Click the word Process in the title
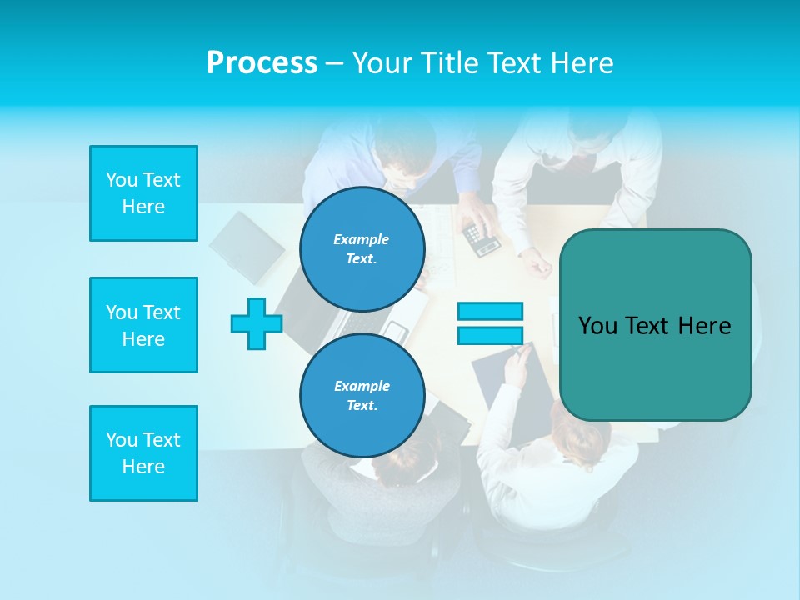tap(262, 63)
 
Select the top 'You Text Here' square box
tap(143, 193)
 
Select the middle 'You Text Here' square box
tap(143, 325)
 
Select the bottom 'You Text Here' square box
tap(143, 453)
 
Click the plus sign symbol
tap(257, 323)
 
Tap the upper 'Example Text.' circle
tap(362, 249)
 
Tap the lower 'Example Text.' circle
tap(362, 395)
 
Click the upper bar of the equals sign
tap(490, 312)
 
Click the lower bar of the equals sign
tap(490, 336)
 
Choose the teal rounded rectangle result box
tap(655, 325)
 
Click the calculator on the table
tap(482, 239)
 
